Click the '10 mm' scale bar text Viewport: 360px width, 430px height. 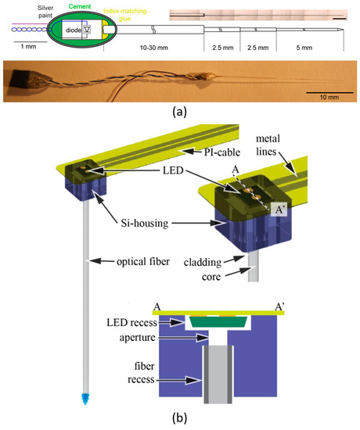tap(321, 96)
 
